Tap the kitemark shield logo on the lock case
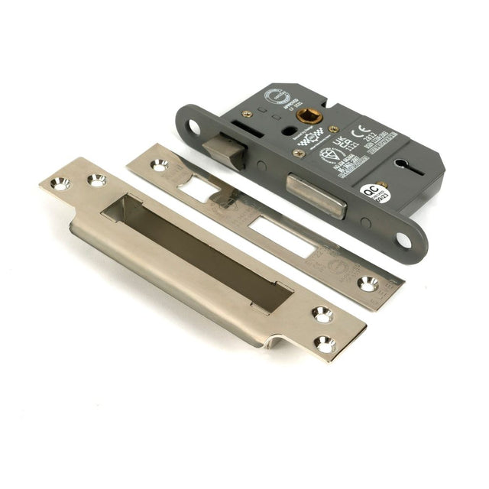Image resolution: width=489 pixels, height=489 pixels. [x=327, y=155]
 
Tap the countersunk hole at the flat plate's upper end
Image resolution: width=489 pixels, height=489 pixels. [x=159, y=165]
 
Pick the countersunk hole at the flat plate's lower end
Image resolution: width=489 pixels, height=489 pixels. [x=367, y=283]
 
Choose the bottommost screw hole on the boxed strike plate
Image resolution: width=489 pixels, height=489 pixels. [x=325, y=345]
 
